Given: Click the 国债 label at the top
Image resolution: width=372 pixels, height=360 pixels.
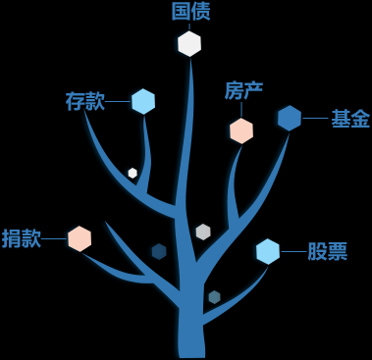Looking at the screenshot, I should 190,11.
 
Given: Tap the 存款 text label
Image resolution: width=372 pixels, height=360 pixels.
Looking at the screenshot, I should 84,101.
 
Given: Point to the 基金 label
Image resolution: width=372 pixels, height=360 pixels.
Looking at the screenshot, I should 349,119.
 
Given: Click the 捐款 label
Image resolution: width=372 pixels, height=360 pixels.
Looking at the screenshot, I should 22,238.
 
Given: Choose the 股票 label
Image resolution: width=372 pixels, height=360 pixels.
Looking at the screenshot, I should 327,252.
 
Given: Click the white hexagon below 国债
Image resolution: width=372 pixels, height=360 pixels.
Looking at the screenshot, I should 189,43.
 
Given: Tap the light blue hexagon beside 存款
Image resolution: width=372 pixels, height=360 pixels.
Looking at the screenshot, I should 143,101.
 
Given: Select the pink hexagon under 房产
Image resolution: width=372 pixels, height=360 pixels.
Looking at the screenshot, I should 241,130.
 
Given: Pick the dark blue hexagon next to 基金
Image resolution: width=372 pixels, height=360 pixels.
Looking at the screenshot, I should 289,119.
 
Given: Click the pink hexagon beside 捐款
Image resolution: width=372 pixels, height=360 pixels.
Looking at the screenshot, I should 80,238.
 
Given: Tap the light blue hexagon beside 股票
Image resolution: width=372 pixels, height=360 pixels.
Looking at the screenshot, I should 267,252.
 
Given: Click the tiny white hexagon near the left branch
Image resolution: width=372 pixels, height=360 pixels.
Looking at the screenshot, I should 133,173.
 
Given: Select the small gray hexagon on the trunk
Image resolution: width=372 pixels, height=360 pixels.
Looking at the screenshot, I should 203,231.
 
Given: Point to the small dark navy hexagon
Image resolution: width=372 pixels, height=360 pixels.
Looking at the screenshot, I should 159,251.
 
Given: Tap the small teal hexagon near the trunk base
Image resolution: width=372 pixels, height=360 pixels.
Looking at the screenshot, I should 214,296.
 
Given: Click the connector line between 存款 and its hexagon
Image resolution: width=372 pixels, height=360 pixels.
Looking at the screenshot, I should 118,101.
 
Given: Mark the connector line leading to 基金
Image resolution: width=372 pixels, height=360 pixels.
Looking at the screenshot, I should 314,119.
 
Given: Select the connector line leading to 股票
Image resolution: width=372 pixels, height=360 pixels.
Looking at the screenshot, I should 292,252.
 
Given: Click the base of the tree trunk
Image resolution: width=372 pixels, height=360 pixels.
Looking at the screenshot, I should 190,343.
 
